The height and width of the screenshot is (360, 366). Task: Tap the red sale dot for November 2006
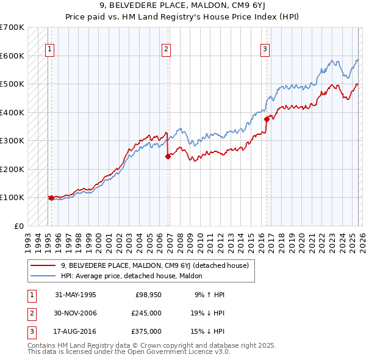[x=168, y=156]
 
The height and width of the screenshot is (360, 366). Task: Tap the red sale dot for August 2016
[x=267, y=120]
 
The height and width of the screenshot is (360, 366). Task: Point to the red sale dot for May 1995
[x=51, y=198]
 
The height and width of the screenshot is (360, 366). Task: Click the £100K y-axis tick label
[x=12, y=198]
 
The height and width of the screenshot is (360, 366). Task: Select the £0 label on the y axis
[x=19, y=226]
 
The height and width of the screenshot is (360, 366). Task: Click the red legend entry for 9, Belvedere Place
[x=154, y=266]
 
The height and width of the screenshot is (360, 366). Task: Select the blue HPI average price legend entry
[x=135, y=276]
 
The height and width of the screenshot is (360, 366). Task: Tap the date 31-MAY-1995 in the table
[x=76, y=294]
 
